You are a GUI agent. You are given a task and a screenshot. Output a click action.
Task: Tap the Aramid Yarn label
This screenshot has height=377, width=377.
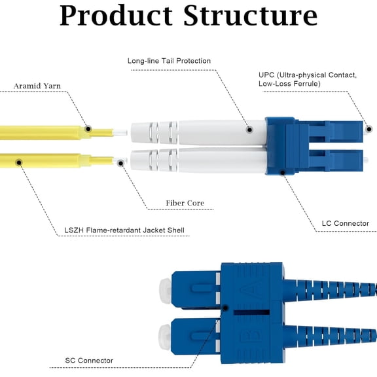pyautogui.click(x=37, y=86)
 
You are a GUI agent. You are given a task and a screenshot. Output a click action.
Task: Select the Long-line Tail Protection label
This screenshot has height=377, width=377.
pyautogui.click(x=169, y=61)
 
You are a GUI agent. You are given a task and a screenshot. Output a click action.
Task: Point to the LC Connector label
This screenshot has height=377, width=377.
pyautogui.click(x=345, y=224)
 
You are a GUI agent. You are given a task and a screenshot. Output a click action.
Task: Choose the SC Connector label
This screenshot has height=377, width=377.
pyautogui.click(x=89, y=361)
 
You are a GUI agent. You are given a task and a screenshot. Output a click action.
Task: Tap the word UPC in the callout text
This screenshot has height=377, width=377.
pyautogui.click(x=268, y=75)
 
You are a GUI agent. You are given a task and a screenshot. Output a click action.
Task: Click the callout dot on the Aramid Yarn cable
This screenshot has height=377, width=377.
pyautogui.click(x=88, y=130)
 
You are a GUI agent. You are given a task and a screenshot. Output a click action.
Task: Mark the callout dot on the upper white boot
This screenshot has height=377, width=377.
pyautogui.click(x=249, y=130)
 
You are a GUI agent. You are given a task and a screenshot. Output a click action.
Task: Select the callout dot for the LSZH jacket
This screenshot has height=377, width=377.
pyautogui.click(x=20, y=160)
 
